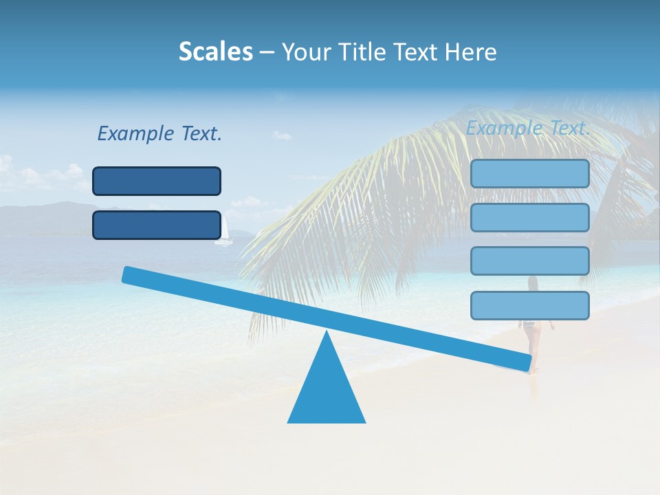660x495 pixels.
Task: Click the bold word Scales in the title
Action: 215,52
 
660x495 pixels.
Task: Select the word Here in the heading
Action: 471,52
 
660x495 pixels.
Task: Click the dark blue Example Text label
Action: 159,133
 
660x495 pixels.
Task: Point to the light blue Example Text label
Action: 528,128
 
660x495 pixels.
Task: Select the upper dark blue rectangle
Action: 157,181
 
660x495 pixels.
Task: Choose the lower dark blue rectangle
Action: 157,225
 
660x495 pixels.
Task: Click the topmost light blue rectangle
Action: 529,174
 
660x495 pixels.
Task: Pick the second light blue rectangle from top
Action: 529,217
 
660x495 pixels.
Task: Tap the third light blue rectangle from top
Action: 529,261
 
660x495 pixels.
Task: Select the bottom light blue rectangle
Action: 529,305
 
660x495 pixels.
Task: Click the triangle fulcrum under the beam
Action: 327,392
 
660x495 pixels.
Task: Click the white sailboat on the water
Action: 223,232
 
